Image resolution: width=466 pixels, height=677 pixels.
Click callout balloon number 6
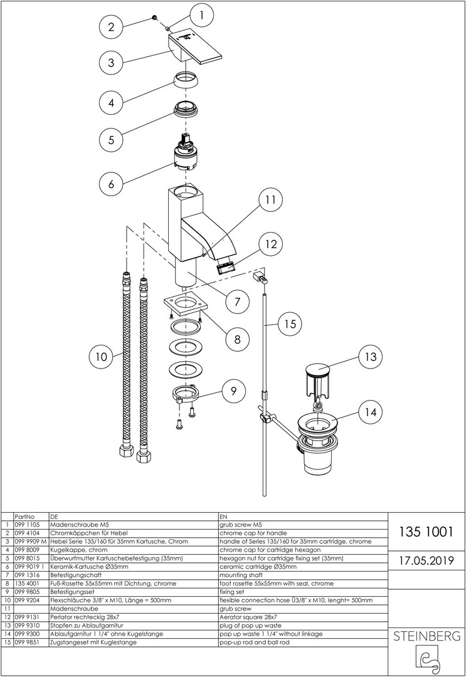pos(111,184)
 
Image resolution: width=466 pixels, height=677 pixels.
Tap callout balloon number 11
pos(270,200)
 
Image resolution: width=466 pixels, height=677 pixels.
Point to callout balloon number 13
pos(371,357)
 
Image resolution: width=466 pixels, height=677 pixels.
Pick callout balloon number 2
pos(111,26)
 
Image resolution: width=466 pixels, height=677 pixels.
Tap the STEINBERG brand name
pos(426,637)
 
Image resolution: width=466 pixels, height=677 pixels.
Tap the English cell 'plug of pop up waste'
pos(249,626)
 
